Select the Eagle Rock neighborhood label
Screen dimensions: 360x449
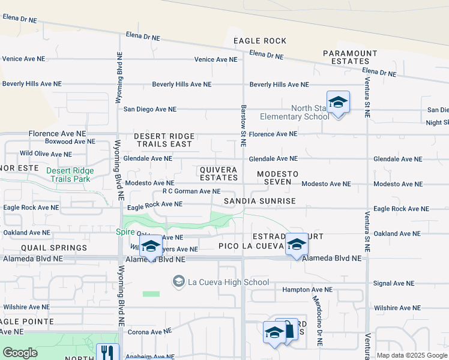click(260, 41)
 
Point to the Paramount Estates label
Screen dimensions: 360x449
click(350, 57)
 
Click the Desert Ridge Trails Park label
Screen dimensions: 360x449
click(70, 175)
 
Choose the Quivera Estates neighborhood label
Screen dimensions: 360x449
click(218, 173)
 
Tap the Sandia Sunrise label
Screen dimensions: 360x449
click(260, 201)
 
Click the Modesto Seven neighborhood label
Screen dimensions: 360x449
click(274, 178)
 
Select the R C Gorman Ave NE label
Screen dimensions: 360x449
click(191, 191)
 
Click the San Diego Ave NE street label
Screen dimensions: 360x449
click(149, 109)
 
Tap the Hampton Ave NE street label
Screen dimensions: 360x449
click(307, 289)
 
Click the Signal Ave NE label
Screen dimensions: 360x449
click(394, 283)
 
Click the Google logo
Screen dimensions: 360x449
click(20, 353)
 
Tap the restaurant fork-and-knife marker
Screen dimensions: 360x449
click(107, 351)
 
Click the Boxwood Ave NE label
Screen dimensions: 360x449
click(70, 142)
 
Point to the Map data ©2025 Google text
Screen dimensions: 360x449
click(411, 355)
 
